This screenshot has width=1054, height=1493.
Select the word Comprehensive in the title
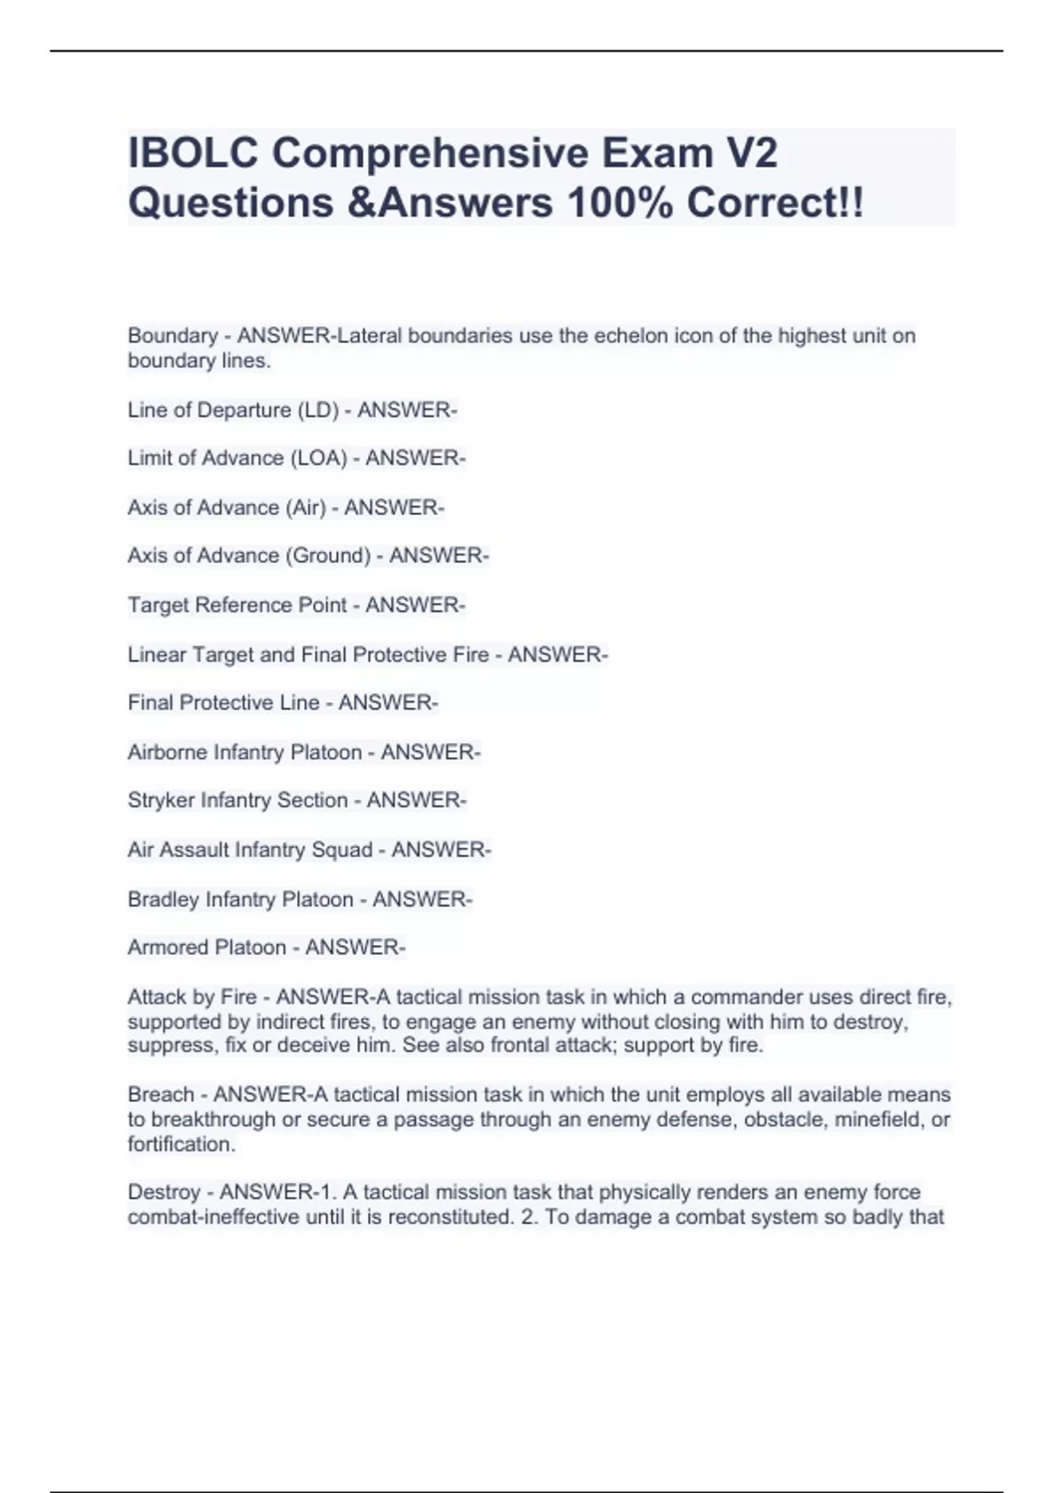coord(430,154)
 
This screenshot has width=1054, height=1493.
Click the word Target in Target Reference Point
coord(157,605)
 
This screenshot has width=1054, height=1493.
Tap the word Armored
coord(162,948)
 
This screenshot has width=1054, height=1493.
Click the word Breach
coord(160,1095)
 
